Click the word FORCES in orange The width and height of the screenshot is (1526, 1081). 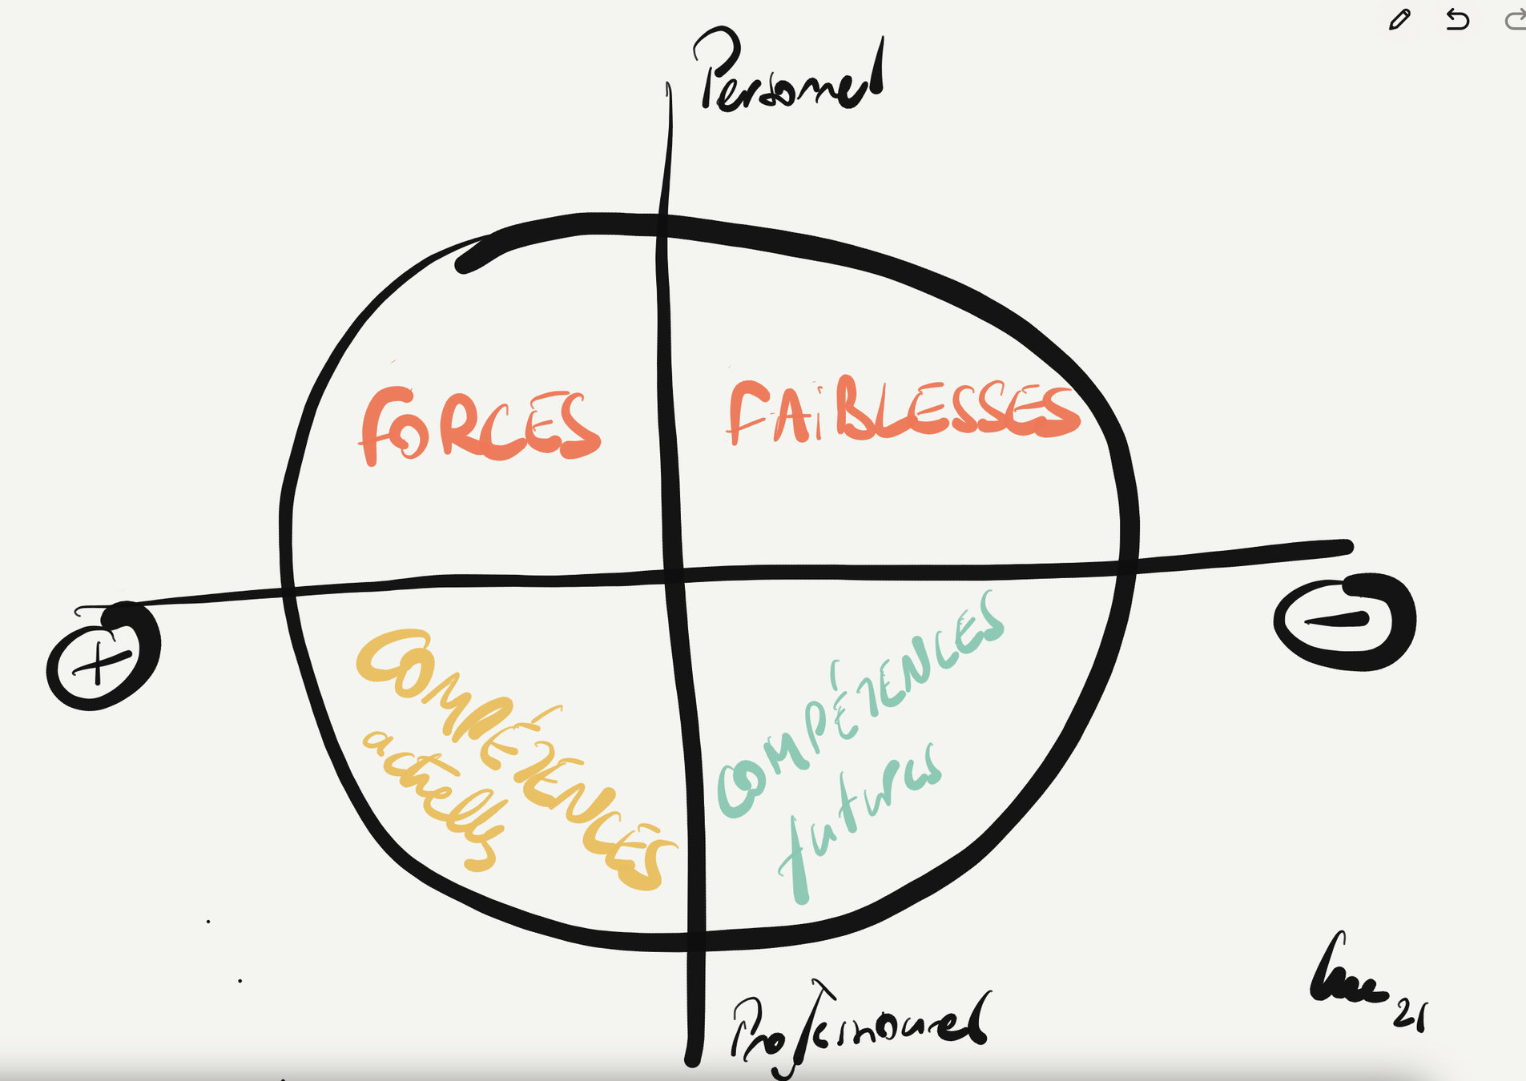tap(479, 425)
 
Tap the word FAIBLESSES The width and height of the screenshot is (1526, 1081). tap(903, 410)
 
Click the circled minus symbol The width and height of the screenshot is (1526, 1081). tap(1344, 621)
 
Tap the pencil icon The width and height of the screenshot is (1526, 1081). tap(1399, 19)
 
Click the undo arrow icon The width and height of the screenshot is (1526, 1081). tap(1457, 19)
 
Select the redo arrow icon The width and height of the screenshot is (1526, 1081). tap(1515, 19)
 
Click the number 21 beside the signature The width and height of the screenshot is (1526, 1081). tap(1410, 1015)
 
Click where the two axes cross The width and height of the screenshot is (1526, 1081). tap(673, 573)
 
